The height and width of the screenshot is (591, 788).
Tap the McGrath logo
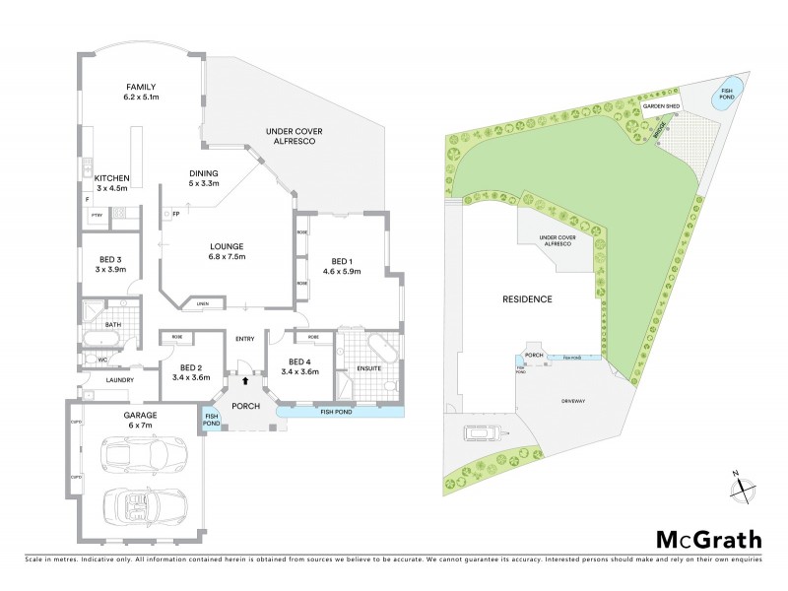tap(708, 539)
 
